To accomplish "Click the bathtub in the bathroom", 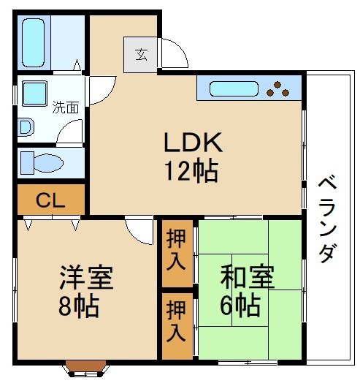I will (x=34, y=42).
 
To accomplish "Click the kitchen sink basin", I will (x=233, y=89).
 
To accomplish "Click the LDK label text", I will (x=191, y=141).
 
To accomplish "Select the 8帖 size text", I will (x=78, y=306).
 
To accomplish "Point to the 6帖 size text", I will (x=239, y=306).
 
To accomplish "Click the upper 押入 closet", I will (x=176, y=251).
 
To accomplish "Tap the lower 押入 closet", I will (x=176, y=324).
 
